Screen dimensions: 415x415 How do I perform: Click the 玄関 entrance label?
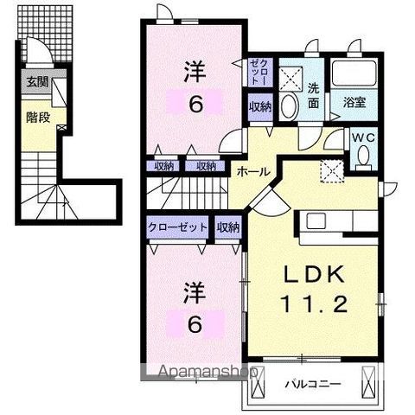pos(36,83)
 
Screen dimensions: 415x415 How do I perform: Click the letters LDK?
pos(316,276)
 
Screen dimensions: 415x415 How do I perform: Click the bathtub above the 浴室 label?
pos(351,74)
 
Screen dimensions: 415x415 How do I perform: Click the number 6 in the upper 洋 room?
pos(196,104)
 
